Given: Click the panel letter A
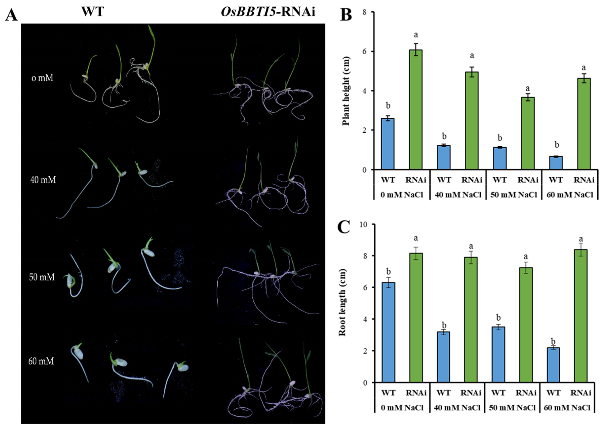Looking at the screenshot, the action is [11, 15].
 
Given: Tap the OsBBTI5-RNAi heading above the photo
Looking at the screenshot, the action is [268, 12].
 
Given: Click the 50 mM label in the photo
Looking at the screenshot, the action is [42, 277].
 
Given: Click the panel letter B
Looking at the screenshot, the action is [346, 15].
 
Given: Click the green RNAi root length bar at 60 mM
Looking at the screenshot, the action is [581, 316].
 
